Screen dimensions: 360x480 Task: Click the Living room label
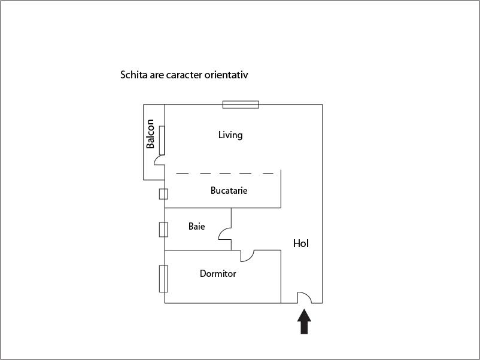pos(230,135)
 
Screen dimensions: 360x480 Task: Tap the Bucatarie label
pos(229,191)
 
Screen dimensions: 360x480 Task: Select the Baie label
pos(196,227)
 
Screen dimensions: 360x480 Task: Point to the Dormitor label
pos(218,274)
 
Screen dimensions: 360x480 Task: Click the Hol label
pos(301,243)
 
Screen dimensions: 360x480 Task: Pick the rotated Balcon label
pos(151,135)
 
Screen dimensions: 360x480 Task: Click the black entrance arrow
pos(304,321)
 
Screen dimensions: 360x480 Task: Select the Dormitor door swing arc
pos(248,257)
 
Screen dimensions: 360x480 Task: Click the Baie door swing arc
pos(224,233)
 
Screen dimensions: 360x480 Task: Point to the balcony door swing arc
pos(159,160)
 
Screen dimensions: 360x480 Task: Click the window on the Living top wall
pos(241,105)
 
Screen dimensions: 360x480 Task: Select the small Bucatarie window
pos(163,194)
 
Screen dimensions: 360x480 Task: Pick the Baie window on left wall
pos(163,230)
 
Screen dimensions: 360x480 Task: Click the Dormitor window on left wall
pos(163,278)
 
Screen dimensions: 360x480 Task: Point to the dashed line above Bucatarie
pos(224,173)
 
